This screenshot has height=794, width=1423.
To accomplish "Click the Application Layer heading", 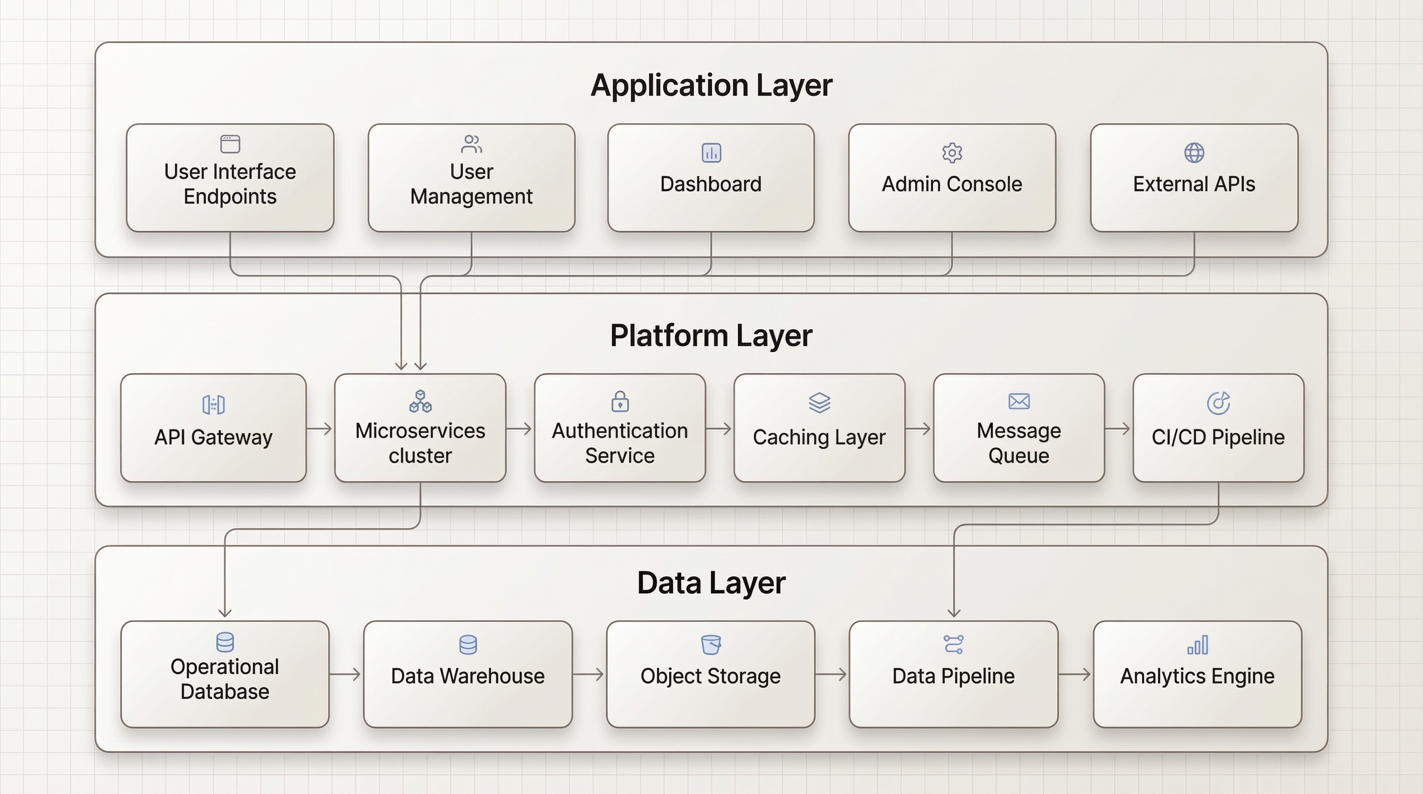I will click(711, 86).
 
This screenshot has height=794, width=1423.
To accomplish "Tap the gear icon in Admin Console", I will click(952, 152).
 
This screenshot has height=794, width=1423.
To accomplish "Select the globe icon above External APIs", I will click(1194, 152).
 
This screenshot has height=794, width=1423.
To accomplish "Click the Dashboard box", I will click(711, 178).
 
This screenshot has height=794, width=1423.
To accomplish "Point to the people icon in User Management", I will click(471, 144).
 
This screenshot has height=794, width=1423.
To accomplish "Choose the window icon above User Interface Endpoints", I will click(230, 144).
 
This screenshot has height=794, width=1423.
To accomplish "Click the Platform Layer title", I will click(711, 335).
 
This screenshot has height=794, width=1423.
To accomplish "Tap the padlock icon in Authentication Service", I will click(620, 402).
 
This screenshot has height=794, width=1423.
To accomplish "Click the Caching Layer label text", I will click(819, 437).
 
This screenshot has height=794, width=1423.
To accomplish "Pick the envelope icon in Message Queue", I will click(1019, 402).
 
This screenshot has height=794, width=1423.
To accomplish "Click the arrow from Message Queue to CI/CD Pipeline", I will click(1118, 429).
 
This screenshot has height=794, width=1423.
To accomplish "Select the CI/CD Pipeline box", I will click(1218, 428).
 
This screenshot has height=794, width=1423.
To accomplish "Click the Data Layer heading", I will click(711, 583).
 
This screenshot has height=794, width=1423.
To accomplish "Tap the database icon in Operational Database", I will click(225, 642).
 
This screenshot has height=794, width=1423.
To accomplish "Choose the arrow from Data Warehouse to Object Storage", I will click(589, 674).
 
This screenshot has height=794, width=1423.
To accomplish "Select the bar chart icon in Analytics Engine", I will click(1198, 645).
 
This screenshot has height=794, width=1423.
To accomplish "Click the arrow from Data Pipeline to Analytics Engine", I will click(1075, 674).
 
